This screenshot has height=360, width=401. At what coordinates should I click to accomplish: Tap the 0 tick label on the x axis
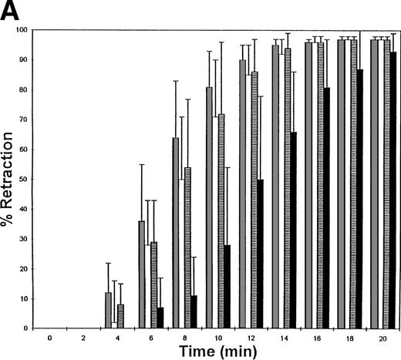pyautogui.click(x=49, y=337)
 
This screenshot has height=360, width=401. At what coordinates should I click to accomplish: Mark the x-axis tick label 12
pyautogui.click(x=250, y=337)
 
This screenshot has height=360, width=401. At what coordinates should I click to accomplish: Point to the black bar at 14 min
pyautogui.click(x=293, y=230)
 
